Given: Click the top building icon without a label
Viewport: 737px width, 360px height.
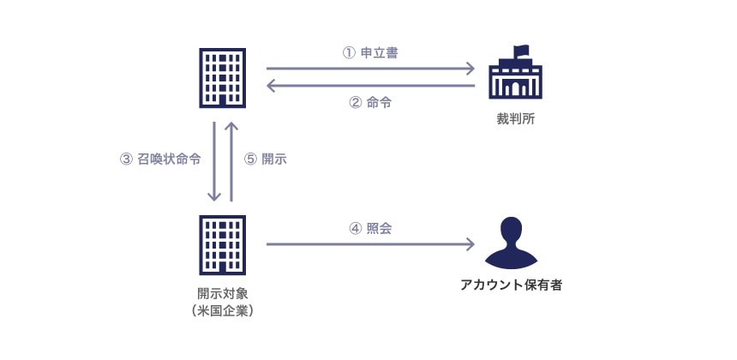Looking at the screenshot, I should [222, 77].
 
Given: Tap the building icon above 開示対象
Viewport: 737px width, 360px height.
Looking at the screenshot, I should [222, 244].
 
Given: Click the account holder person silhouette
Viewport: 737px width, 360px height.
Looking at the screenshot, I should [512, 243].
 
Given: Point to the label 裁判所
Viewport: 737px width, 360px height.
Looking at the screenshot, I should [516, 117].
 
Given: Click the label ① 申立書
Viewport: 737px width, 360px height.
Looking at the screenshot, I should [369, 52].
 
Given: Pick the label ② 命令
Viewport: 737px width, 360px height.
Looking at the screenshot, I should [370, 102].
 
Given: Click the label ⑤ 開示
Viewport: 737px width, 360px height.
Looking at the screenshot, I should [266, 159].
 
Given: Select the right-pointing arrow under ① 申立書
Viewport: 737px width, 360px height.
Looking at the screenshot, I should [370, 69].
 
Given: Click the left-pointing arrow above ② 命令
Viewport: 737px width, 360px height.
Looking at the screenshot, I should [370, 85].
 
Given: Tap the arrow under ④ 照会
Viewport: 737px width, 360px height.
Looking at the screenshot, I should [370, 244].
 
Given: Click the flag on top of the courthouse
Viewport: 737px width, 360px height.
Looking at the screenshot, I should [521, 51].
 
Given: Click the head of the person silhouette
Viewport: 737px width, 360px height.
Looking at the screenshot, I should [512, 231].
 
